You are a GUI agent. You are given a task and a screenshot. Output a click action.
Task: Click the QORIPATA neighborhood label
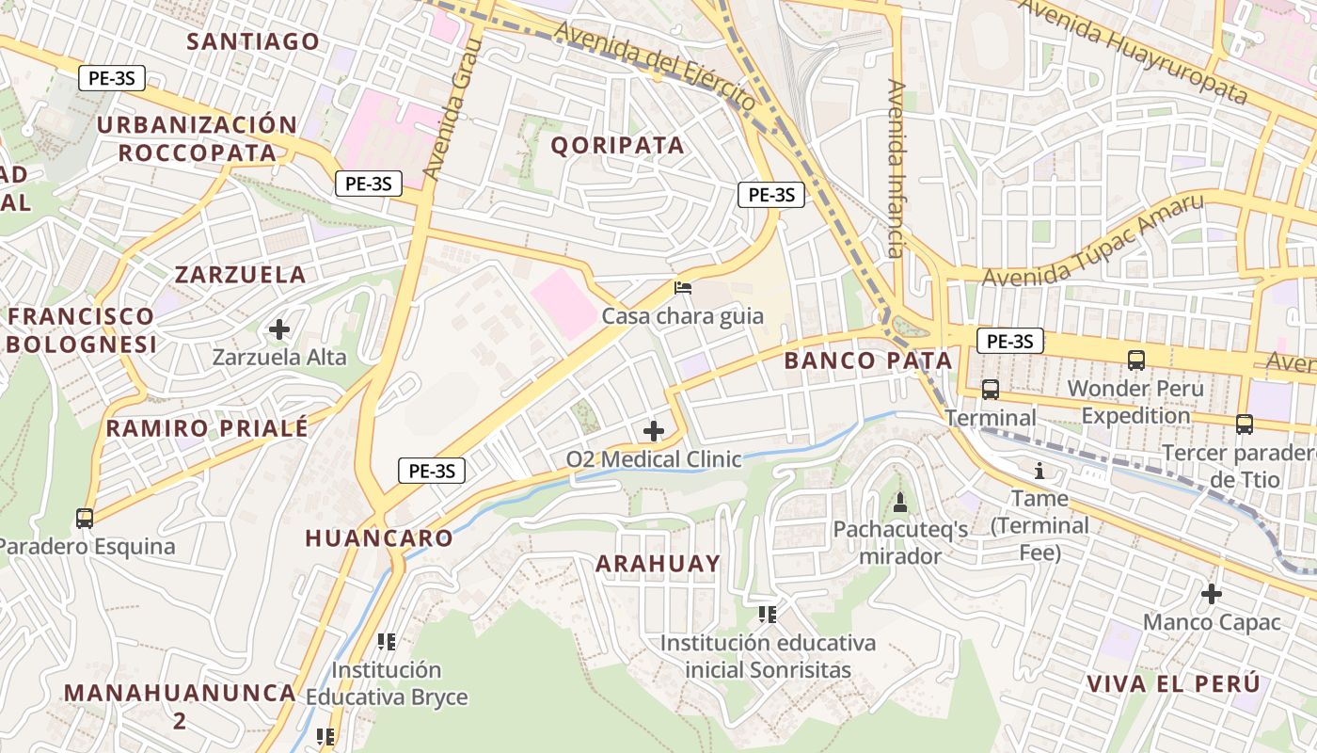click(617, 145)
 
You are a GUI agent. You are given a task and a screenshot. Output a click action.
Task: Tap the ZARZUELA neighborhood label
click(241, 275)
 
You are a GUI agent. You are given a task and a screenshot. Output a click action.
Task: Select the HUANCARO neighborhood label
click(379, 538)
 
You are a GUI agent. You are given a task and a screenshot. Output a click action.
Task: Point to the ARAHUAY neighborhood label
click(658, 564)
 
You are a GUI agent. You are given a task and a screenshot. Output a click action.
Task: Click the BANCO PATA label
click(868, 360)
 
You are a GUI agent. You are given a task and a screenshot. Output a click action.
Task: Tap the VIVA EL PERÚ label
click(1172, 684)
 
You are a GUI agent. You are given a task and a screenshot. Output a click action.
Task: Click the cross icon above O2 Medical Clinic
click(653, 431)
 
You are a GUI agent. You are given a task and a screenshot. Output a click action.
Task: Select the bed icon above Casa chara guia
click(683, 287)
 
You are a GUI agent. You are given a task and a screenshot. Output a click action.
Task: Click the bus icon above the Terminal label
click(990, 389)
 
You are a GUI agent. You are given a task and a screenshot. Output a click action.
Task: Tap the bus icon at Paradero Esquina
click(85, 518)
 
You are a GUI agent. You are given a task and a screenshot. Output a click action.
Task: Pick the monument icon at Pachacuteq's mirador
click(899, 503)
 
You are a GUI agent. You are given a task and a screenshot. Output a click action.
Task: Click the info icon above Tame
click(1039, 471)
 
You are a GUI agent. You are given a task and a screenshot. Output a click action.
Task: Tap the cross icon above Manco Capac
click(1212, 594)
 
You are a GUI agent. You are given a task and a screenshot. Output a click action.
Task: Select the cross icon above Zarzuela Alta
click(278, 329)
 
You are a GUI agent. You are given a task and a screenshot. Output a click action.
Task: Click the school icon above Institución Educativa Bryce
click(386, 642)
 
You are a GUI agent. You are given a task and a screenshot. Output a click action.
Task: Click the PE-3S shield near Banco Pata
click(1010, 341)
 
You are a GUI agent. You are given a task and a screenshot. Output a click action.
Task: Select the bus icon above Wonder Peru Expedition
click(1136, 360)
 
